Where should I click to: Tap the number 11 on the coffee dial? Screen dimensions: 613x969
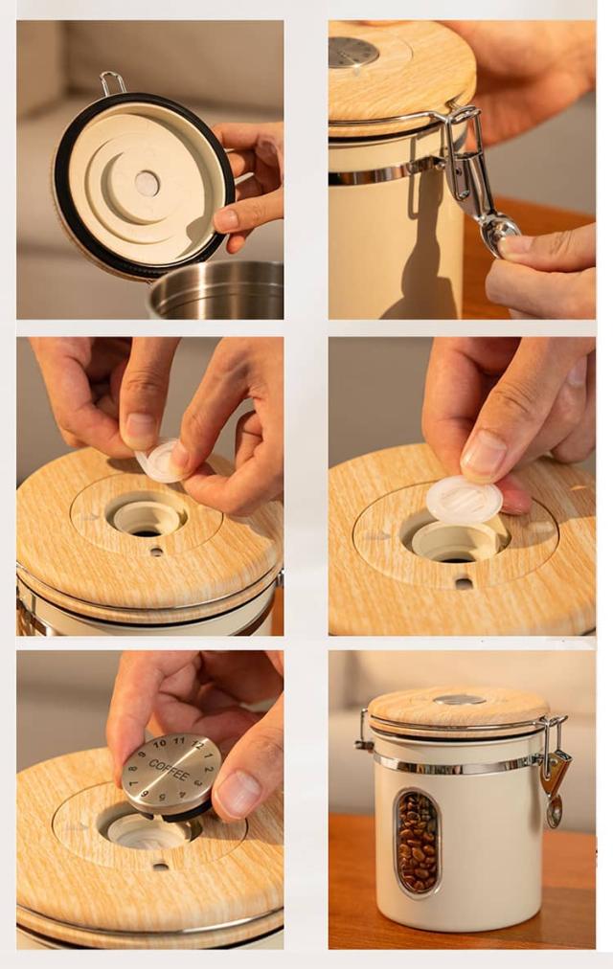click(179, 740)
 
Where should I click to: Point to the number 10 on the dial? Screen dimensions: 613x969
click(159, 743)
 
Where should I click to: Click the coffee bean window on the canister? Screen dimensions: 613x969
click(417, 841)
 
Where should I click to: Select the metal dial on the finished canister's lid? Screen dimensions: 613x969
click(459, 700)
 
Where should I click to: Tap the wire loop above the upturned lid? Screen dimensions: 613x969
click(112, 83)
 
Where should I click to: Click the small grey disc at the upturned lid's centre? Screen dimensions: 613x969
click(148, 184)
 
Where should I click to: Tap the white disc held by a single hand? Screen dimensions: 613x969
click(465, 500)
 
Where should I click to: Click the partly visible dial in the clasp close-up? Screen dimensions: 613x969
click(352, 53)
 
